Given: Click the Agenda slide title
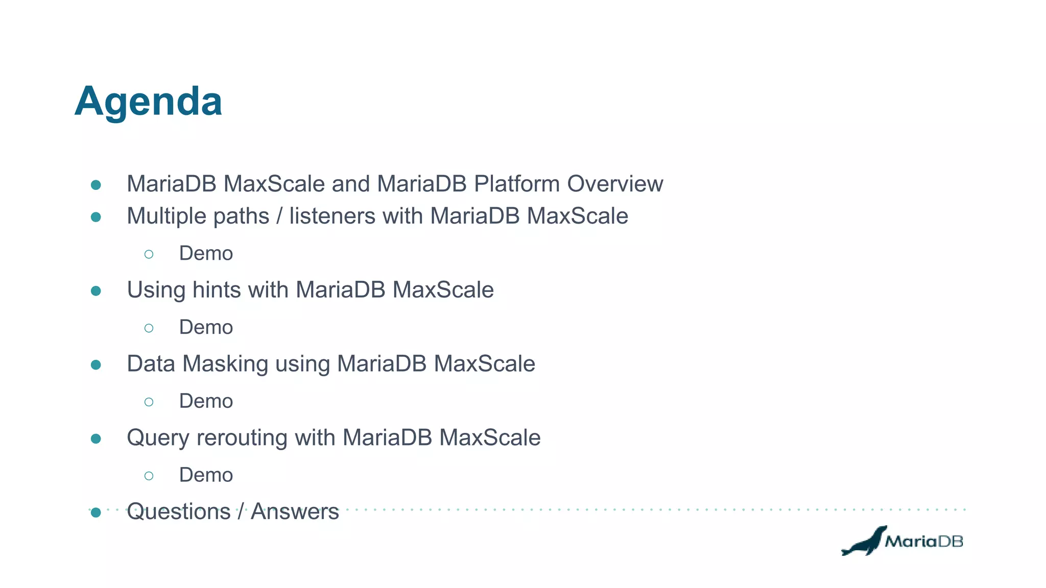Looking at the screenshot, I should tap(148, 102).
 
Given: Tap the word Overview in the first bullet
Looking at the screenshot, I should tap(615, 184).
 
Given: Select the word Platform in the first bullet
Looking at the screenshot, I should tap(517, 184).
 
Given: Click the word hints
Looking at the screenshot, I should tap(217, 290).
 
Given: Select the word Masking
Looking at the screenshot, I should tap(225, 364).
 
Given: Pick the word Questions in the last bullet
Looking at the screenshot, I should tap(179, 511).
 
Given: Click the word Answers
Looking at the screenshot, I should tap(295, 511).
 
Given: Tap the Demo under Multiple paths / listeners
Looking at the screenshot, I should tap(206, 254).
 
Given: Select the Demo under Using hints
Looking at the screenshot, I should tap(206, 327).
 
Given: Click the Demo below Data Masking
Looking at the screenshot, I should tap(206, 401).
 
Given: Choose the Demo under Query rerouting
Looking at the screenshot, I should tap(206, 475).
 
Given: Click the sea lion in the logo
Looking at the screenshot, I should tap(864, 543).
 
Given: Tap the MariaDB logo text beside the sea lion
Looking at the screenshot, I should tap(923, 541).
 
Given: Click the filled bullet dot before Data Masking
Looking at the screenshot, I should tap(96, 364).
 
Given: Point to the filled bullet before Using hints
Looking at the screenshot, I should tap(96, 291).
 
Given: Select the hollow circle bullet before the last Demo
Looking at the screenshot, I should tap(149, 476).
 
